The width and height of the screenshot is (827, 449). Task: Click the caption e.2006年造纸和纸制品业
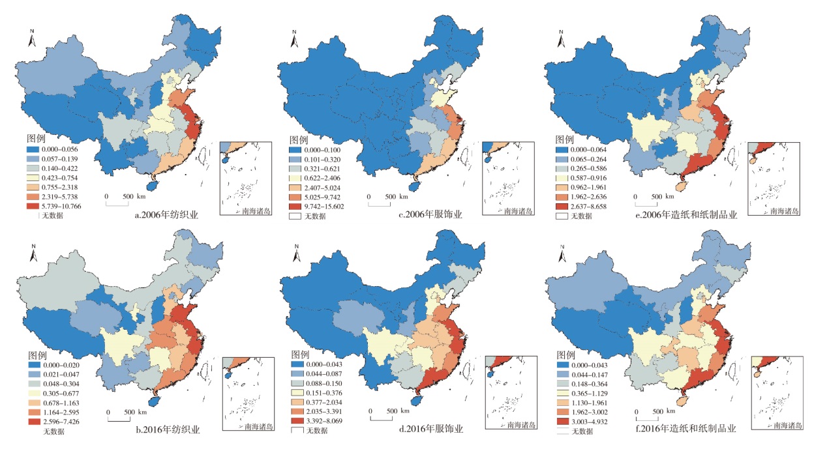point(695,213)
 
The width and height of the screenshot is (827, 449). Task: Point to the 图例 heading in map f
point(564,356)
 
